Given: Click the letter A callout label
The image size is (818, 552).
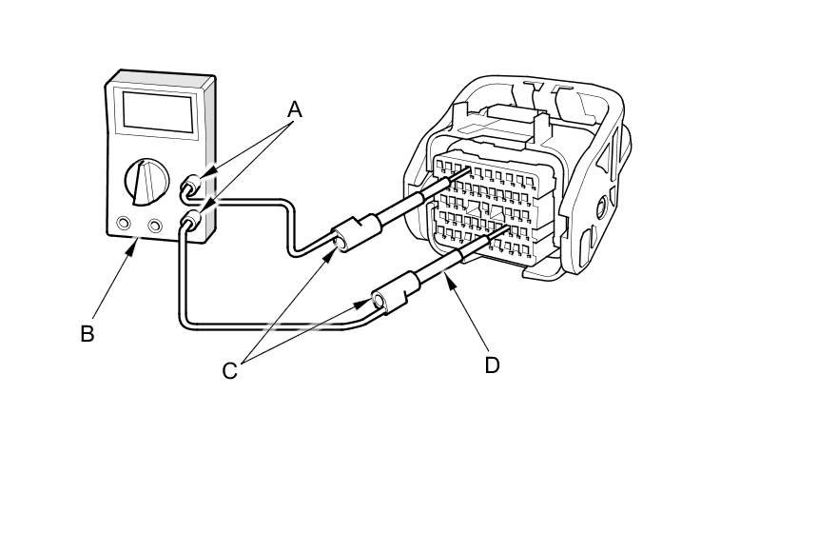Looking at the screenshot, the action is (295, 109).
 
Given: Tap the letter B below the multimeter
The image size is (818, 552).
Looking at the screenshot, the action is (87, 334).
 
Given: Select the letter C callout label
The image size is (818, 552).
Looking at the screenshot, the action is (229, 371).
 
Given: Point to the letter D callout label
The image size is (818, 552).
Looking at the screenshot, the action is (492, 365).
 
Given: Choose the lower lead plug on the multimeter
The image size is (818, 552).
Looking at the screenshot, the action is (190, 223).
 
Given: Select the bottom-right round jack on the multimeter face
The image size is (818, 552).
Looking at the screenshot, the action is (154, 227).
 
